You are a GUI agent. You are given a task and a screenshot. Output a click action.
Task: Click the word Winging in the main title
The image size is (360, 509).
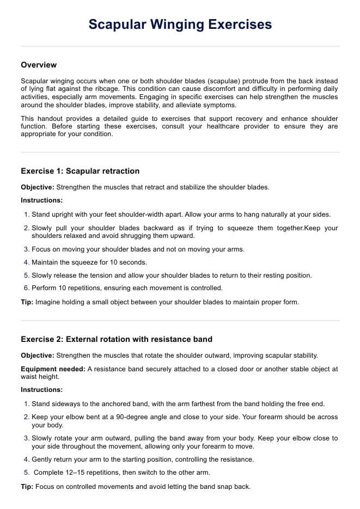click(x=169, y=24)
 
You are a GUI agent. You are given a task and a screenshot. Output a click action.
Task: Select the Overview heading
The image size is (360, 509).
click(x=39, y=65)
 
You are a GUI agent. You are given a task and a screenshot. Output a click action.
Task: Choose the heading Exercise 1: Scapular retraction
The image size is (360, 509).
click(x=80, y=171)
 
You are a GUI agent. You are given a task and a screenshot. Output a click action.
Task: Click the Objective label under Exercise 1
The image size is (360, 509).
click(x=37, y=187)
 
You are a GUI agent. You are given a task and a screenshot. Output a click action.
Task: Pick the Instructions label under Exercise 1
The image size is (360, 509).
click(x=41, y=200)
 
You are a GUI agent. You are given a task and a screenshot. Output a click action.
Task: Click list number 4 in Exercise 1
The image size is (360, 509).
click(x=27, y=262)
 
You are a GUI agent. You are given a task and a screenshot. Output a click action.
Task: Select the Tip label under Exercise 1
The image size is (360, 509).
click(x=27, y=302)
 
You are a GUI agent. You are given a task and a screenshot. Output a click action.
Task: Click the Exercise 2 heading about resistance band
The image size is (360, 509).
click(x=117, y=339)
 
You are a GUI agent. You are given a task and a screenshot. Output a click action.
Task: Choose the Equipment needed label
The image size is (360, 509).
click(x=53, y=369)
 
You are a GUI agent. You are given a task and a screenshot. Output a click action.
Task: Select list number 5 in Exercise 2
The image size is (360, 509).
click(x=27, y=473)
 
